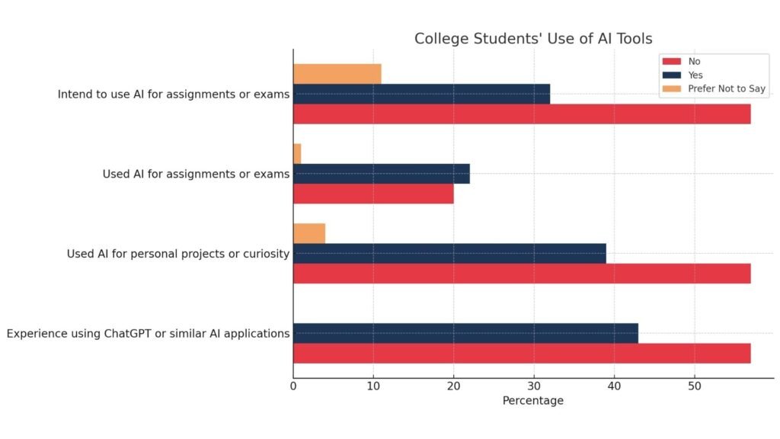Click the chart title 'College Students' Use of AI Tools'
[533, 39]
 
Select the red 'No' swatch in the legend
[671, 61]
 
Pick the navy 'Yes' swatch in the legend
[671, 75]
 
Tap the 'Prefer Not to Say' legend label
[727, 89]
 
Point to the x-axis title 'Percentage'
[533, 401]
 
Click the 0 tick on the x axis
[293, 386]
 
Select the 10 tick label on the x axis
[373, 386]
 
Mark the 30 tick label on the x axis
[534, 386]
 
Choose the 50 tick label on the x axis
[694, 386]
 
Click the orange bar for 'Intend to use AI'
[337, 74]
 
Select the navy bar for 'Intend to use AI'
[421, 94]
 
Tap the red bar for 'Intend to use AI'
[522, 114]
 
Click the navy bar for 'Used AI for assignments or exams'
[381, 174]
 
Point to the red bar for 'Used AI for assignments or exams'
[373, 194]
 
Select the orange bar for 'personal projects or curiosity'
[309, 233]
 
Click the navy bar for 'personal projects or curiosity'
[449, 253]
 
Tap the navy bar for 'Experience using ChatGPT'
[465, 333]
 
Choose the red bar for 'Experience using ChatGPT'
[522, 354]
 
